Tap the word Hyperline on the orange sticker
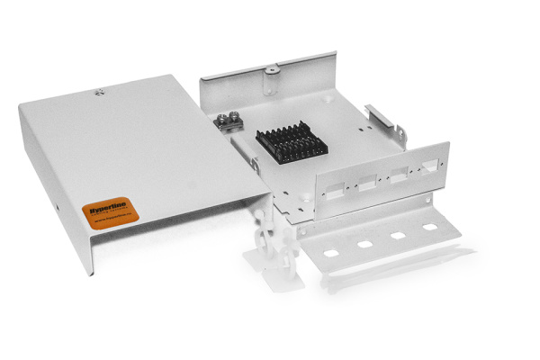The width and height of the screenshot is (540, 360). point(107,204)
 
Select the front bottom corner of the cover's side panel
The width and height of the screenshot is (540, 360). point(91,271)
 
